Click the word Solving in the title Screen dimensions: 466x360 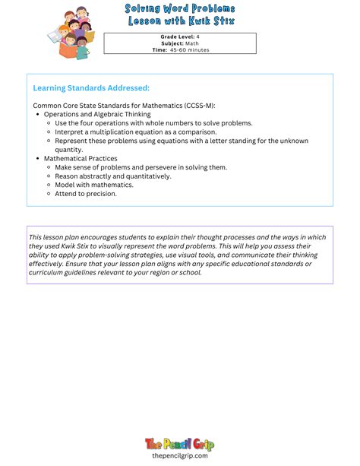[144, 8]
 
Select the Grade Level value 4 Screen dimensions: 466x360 [198, 36]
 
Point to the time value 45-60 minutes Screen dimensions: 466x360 [190, 50]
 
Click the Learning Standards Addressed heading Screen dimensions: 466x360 [91, 88]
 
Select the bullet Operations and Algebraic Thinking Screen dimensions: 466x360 [97, 114]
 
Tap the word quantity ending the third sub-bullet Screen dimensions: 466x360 [69, 150]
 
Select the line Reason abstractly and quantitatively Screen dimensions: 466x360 [113, 176]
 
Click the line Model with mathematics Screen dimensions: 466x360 [94, 185]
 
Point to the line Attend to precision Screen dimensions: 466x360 [86, 194]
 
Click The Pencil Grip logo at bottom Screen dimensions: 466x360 [179, 444]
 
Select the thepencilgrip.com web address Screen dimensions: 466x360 [180, 456]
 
